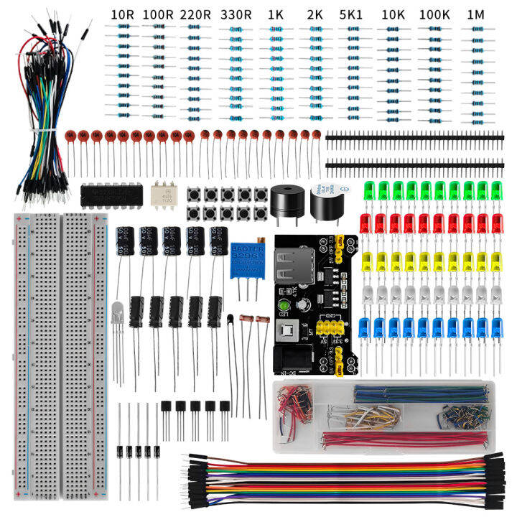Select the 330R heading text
click(236, 14)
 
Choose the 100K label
click(435, 14)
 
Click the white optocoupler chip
click(164, 192)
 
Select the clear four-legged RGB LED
click(119, 310)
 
